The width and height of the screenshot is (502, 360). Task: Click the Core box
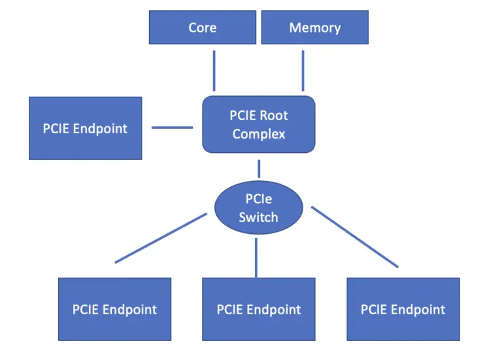(202, 27)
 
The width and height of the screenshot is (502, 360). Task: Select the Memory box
(314, 27)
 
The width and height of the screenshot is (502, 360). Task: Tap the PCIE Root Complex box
(259, 124)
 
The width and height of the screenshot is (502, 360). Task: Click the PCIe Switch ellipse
(259, 208)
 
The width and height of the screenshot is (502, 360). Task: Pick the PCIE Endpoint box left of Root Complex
(85, 128)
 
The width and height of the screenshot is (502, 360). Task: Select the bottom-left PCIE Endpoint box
(114, 309)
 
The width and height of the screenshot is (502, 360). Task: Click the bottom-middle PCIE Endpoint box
(258, 309)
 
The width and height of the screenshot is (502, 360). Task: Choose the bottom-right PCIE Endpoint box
(403, 309)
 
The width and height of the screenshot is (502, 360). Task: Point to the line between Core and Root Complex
(214, 71)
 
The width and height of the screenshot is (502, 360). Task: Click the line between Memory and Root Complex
(303, 71)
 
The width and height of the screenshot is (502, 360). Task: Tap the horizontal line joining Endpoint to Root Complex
(172, 127)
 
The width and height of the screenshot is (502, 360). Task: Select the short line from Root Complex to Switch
(259, 169)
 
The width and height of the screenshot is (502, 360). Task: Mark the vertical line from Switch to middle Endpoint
(256, 257)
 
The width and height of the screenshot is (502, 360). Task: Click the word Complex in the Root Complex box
(259, 134)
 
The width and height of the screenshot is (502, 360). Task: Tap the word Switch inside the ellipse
(258, 217)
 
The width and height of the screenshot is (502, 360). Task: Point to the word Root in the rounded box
(275, 116)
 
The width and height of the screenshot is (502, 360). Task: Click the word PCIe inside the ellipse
(259, 200)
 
